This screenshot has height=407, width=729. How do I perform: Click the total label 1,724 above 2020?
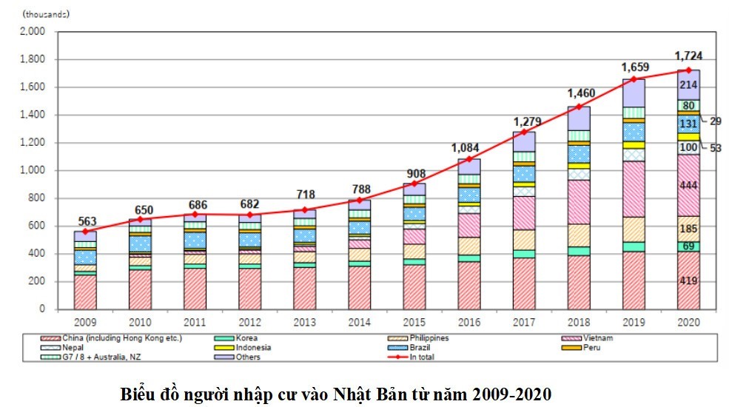tap(688, 55)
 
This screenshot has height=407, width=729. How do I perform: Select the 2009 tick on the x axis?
tap(85, 323)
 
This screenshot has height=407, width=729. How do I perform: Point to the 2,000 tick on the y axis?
tap(33, 32)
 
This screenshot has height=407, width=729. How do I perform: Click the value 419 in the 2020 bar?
tap(689, 282)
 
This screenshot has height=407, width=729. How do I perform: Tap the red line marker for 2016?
tap(469, 159)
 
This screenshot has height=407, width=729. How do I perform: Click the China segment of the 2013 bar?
tap(304, 288)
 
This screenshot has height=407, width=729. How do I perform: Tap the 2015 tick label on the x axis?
tap(414, 323)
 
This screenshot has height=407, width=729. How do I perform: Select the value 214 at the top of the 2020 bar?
tap(689, 85)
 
